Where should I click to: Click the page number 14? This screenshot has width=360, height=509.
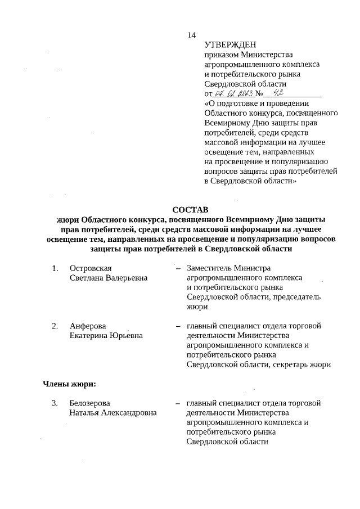tap(191, 35)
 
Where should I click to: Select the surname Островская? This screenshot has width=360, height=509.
tap(91, 268)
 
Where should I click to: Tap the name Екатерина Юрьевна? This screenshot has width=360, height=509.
tap(106, 336)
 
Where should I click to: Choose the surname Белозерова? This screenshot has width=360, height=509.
tap(90, 403)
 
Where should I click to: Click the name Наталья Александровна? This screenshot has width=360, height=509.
tap(113, 413)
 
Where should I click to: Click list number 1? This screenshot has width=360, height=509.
tap(55, 268)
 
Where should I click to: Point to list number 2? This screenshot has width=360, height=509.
tap(55, 326)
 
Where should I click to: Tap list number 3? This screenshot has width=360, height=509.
tap(55, 403)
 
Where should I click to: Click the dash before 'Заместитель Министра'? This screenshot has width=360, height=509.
tap(178, 268)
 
